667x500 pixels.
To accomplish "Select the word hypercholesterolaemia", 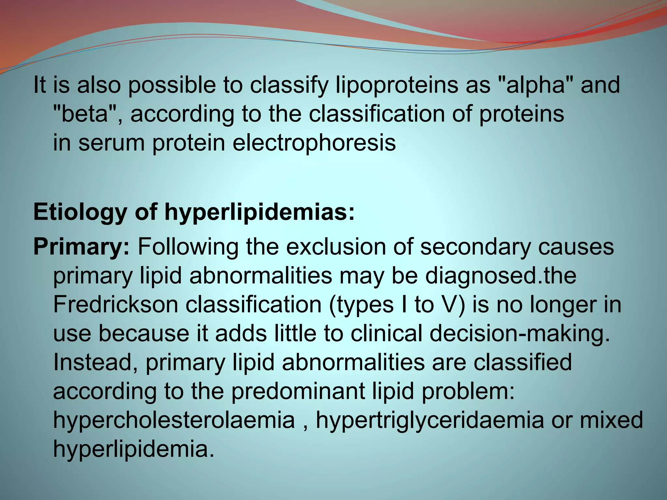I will pos(174,420).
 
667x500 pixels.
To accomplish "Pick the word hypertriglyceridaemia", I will pos(430,420).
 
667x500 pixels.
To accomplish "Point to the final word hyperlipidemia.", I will pos(134,449).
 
